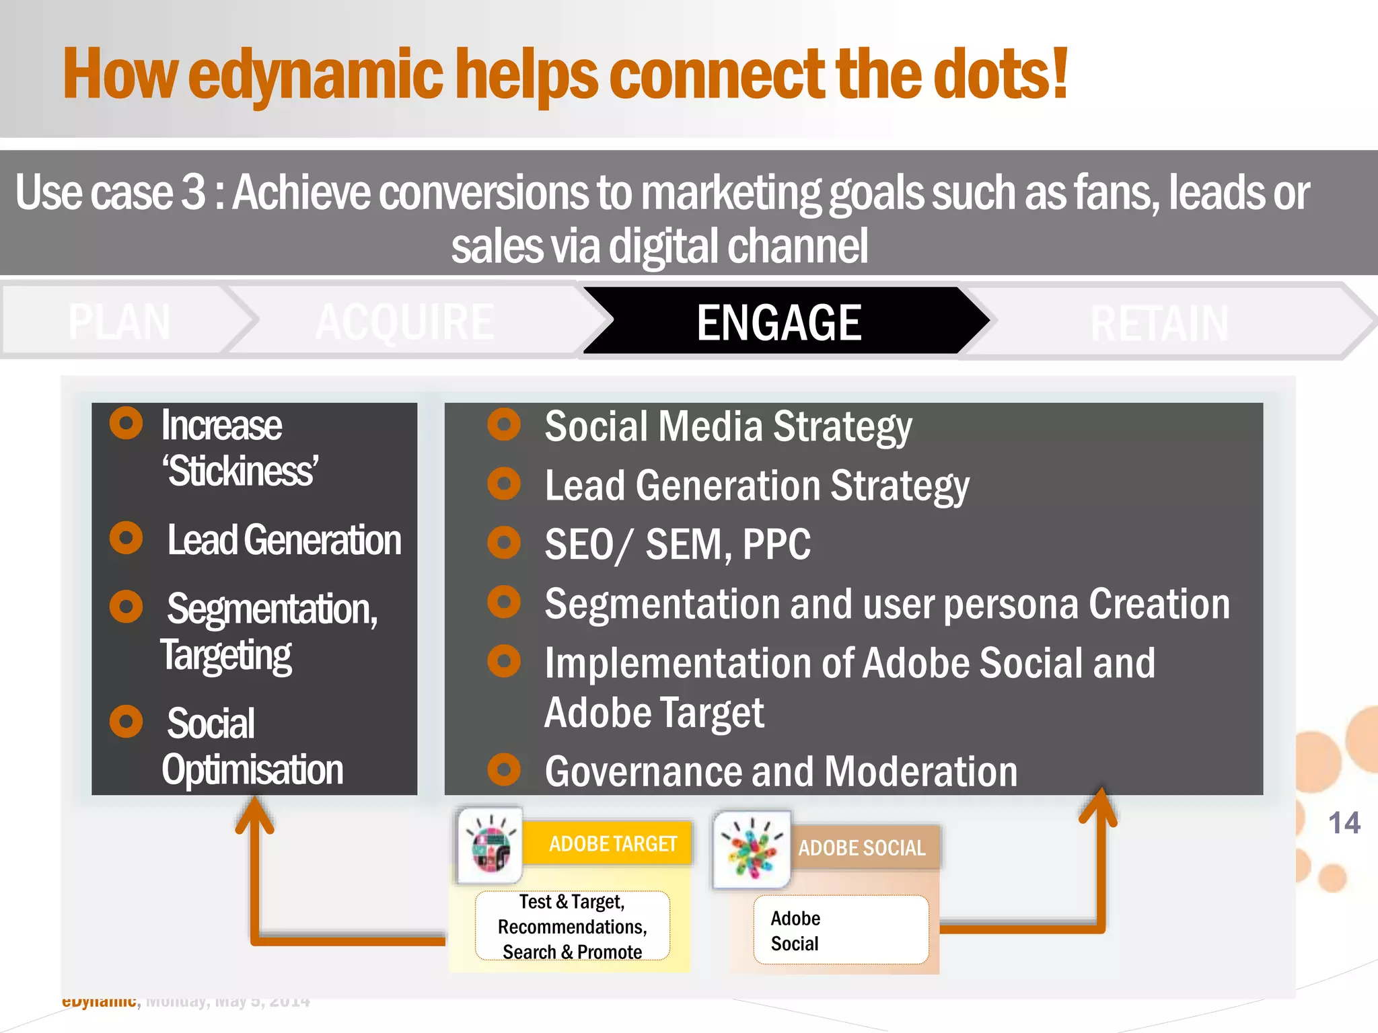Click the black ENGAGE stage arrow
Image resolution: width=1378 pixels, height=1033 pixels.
pos(779,321)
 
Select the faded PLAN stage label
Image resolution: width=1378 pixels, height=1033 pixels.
pos(119,321)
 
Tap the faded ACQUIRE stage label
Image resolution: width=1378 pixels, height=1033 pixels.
pos(404,321)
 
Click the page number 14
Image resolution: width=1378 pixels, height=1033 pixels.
pos(1344,822)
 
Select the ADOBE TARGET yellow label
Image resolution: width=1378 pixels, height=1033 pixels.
pos(612,843)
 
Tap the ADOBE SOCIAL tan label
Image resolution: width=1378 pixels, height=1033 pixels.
pos(861,847)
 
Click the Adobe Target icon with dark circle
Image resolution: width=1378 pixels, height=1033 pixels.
pos(491,845)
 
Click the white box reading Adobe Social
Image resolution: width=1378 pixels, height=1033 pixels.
pos(840,930)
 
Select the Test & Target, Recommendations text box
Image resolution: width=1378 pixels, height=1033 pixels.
pos(572,926)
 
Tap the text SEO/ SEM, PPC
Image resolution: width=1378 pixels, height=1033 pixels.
pos(678,544)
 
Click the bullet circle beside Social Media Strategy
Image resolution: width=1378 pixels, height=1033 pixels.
pos(504,424)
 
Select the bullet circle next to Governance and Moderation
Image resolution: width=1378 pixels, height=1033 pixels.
pos(504,769)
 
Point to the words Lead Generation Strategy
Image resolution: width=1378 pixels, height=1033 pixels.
pos(757,486)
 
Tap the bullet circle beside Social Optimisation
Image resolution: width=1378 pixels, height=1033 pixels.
pos(126,722)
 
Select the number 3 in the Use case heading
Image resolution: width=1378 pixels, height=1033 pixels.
pos(194,192)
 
